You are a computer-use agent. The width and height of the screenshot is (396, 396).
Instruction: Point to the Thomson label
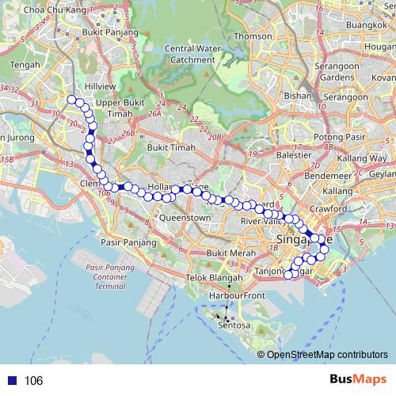[253, 36]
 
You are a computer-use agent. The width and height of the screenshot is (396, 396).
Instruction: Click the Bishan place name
[298, 95]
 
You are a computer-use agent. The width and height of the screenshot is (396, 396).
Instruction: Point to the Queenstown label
[185, 216]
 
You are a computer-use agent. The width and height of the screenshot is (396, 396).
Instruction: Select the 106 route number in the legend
[33, 381]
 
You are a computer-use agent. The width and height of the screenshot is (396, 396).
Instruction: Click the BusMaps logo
[356, 380]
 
